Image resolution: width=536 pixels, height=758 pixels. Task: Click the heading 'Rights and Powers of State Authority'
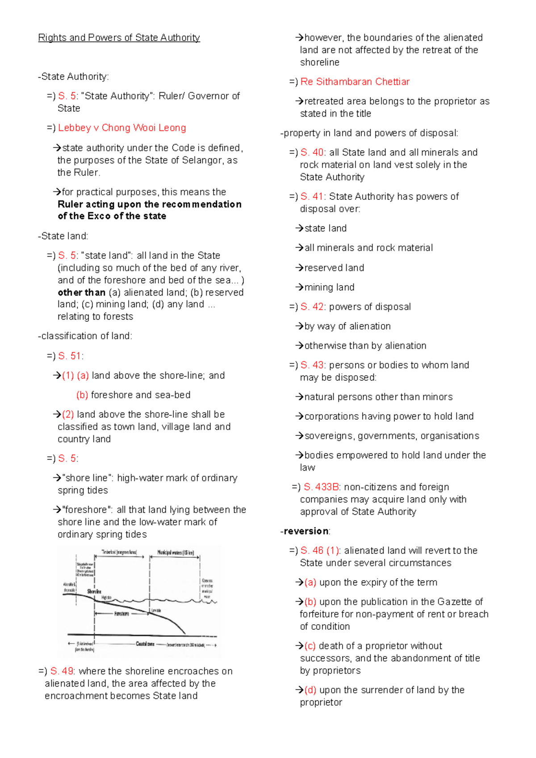click(x=119, y=38)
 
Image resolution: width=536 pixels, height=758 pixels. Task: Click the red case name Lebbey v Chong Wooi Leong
click(x=122, y=128)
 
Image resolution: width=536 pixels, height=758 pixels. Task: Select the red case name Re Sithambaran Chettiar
click(x=355, y=82)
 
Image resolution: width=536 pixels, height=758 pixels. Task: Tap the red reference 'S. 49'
click(x=62, y=671)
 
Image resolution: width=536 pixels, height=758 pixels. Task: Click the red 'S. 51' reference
click(x=69, y=356)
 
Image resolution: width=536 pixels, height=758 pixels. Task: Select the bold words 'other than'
click(x=81, y=293)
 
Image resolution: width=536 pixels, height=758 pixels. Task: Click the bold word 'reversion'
click(x=306, y=531)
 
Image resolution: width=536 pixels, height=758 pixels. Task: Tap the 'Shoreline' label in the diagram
click(x=94, y=591)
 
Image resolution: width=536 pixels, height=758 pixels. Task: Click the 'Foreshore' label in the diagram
click(x=121, y=614)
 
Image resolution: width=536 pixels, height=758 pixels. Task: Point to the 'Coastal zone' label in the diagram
click(x=145, y=644)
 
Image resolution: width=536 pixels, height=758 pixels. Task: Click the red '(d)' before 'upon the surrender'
click(x=310, y=690)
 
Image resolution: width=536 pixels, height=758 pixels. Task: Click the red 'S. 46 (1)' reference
click(x=320, y=551)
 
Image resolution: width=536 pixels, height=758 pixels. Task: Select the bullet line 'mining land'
click(x=329, y=287)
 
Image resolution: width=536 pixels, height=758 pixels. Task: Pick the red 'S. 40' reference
click(x=312, y=152)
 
